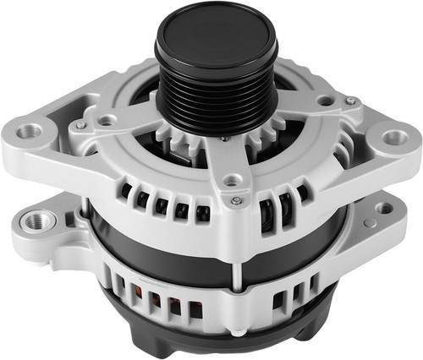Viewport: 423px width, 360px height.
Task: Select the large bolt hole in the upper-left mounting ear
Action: (33, 131)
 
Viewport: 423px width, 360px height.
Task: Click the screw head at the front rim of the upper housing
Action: (236, 199)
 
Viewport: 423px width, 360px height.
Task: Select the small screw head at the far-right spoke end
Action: (349, 101)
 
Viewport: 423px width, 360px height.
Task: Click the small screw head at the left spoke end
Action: (80, 126)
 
